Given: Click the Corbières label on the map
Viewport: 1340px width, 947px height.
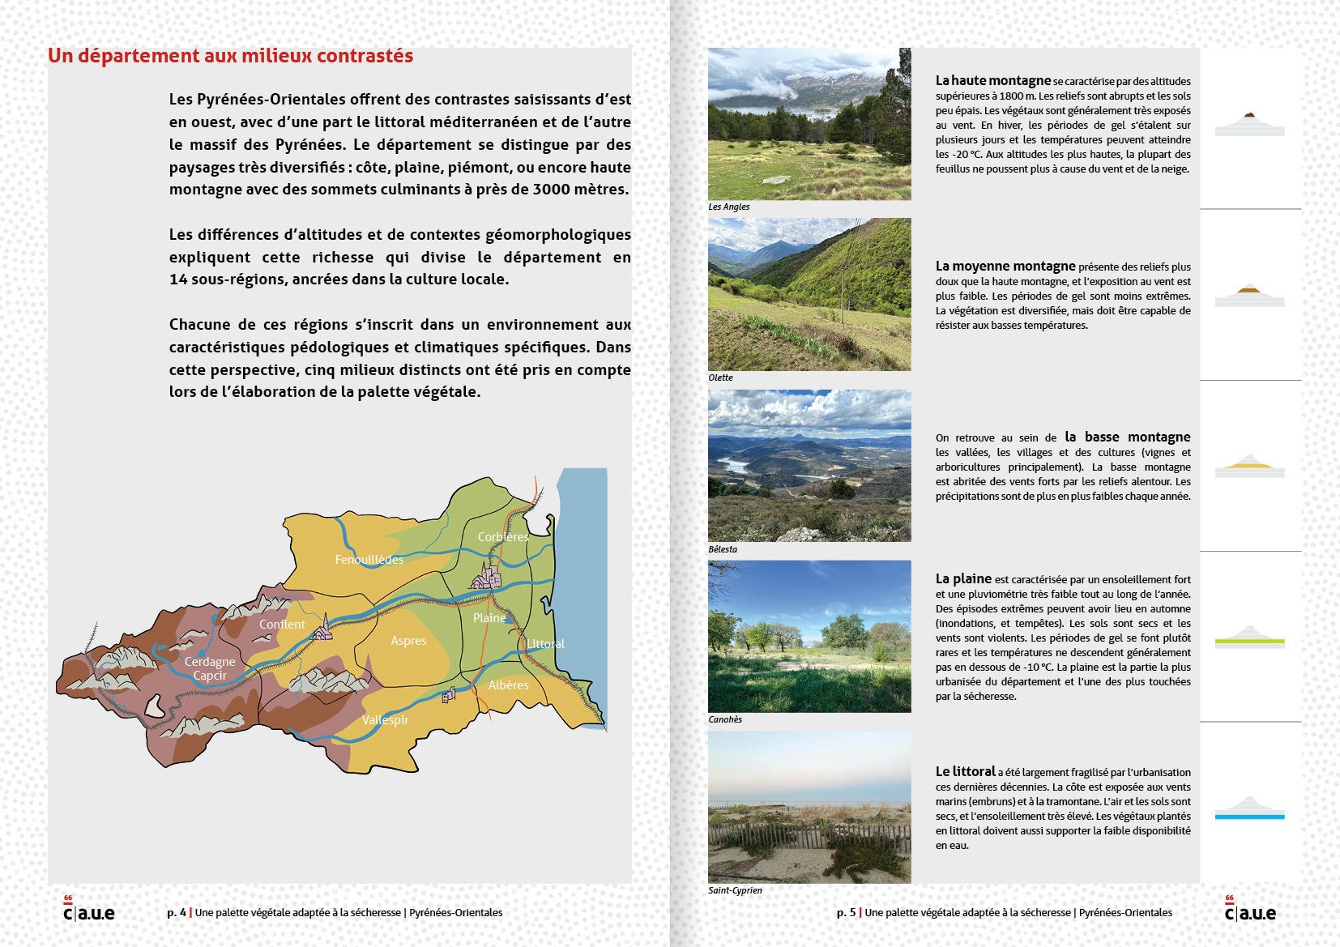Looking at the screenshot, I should pyautogui.click(x=503, y=536).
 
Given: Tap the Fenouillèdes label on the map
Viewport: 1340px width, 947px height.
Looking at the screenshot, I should pyautogui.click(x=369, y=560).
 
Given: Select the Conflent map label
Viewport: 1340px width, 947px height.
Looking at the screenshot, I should pyautogui.click(x=282, y=625).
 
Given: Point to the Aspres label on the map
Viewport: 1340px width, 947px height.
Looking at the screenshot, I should pyautogui.click(x=408, y=641).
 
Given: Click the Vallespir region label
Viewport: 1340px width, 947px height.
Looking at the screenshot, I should pyautogui.click(x=385, y=720).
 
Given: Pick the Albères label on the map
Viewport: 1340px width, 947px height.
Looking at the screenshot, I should pyautogui.click(x=508, y=685).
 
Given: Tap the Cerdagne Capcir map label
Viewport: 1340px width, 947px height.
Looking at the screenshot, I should pyautogui.click(x=210, y=668).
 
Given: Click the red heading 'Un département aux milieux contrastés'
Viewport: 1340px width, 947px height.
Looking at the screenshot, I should pyautogui.click(x=230, y=56).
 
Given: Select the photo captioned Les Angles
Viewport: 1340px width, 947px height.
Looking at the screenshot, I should pyautogui.click(x=809, y=124).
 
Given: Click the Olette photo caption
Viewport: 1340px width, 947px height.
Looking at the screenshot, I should pyautogui.click(x=720, y=378).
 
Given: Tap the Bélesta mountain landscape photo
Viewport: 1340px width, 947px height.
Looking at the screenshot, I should pyautogui.click(x=809, y=466).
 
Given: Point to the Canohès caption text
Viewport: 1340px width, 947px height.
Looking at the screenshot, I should pyautogui.click(x=725, y=719).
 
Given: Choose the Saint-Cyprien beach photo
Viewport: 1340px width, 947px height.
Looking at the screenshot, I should pyautogui.click(x=809, y=807).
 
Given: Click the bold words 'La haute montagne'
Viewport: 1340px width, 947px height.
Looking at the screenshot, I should pyautogui.click(x=992, y=80).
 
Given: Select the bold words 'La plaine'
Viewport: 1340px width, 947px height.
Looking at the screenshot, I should pyautogui.click(x=963, y=578).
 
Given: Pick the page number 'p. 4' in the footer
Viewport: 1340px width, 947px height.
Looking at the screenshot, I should pyautogui.click(x=177, y=912).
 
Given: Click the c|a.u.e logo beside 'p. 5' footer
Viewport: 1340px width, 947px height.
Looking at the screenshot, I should pyautogui.click(x=1249, y=911).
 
